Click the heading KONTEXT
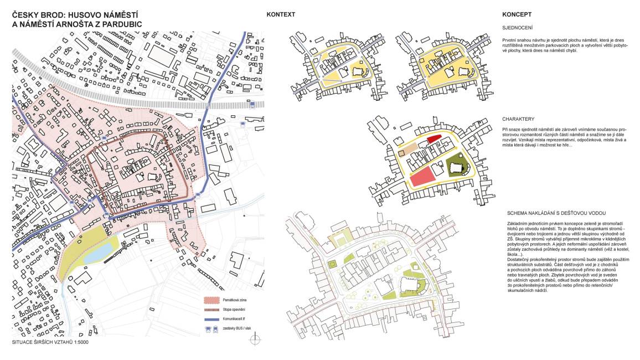coord(281,15)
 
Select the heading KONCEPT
coord(517,15)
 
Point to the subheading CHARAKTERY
coord(518,119)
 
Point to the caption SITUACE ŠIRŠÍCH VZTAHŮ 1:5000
coord(50,342)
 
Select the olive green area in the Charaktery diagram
coord(456,163)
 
